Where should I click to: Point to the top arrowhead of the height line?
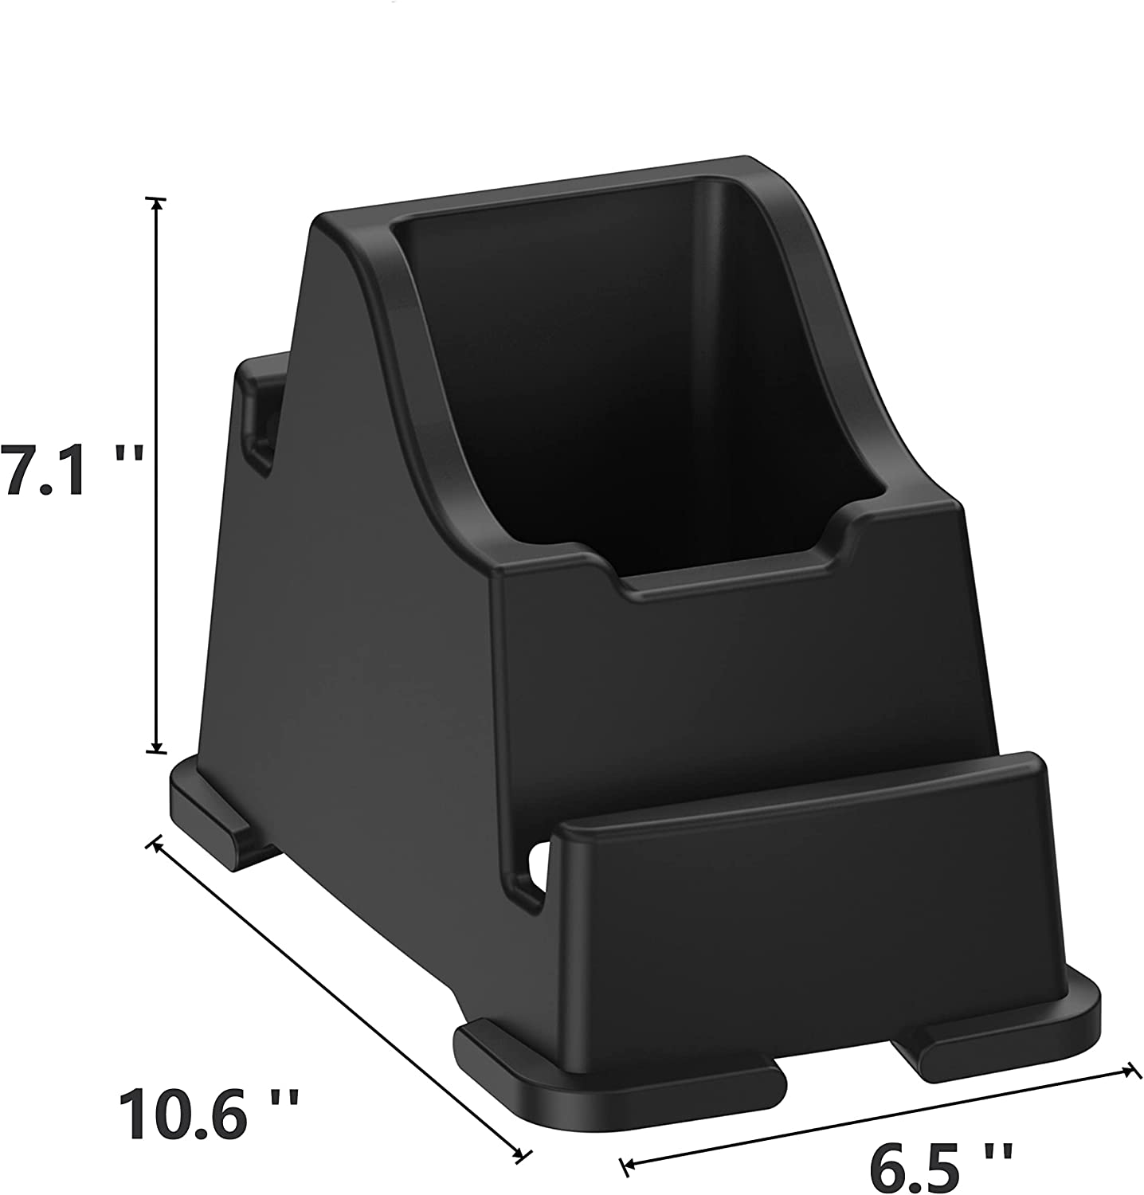[x=157, y=202]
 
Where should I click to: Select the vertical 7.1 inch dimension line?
[x=157, y=478]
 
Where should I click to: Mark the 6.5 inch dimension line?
[x=876, y=1119]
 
